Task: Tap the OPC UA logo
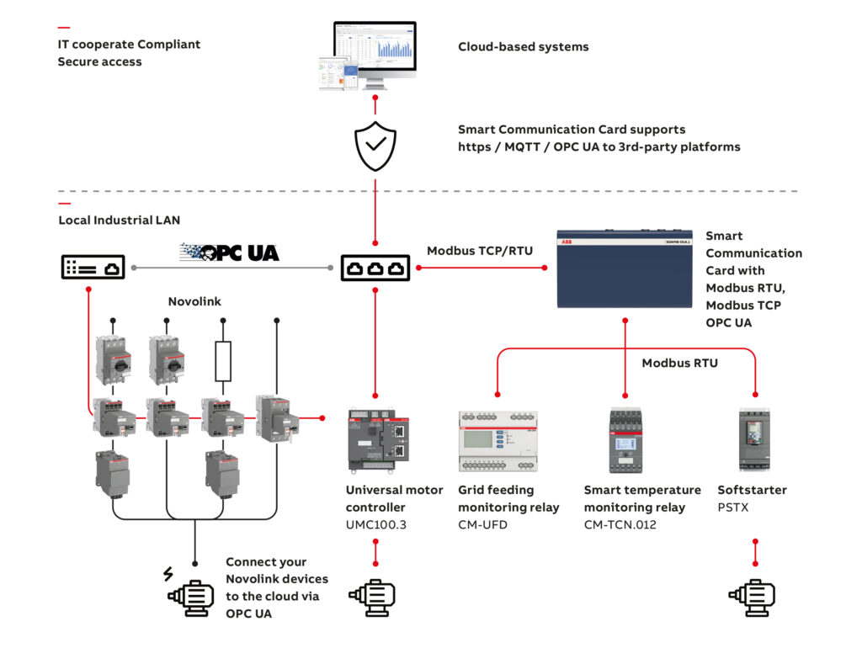(229, 252)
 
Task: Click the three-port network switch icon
(375, 268)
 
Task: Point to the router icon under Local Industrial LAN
(93, 268)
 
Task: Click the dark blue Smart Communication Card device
(625, 268)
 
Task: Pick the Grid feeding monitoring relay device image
(498, 440)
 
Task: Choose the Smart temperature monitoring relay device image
(625, 440)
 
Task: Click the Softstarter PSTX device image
(755, 440)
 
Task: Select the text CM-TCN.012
(620, 525)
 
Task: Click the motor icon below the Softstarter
(752, 596)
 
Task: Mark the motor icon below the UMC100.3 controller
(375, 596)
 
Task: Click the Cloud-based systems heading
(523, 47)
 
